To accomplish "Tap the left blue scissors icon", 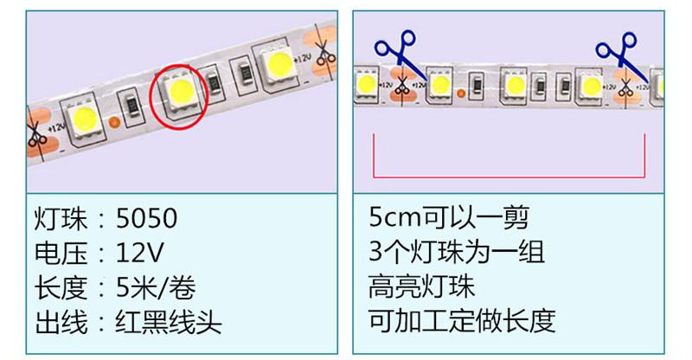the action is [x=394, y=51].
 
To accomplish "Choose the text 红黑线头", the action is [x=169, y=322].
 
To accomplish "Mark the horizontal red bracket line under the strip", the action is [x=509, y=176].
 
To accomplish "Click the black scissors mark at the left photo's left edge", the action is [x=35, y=135].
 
